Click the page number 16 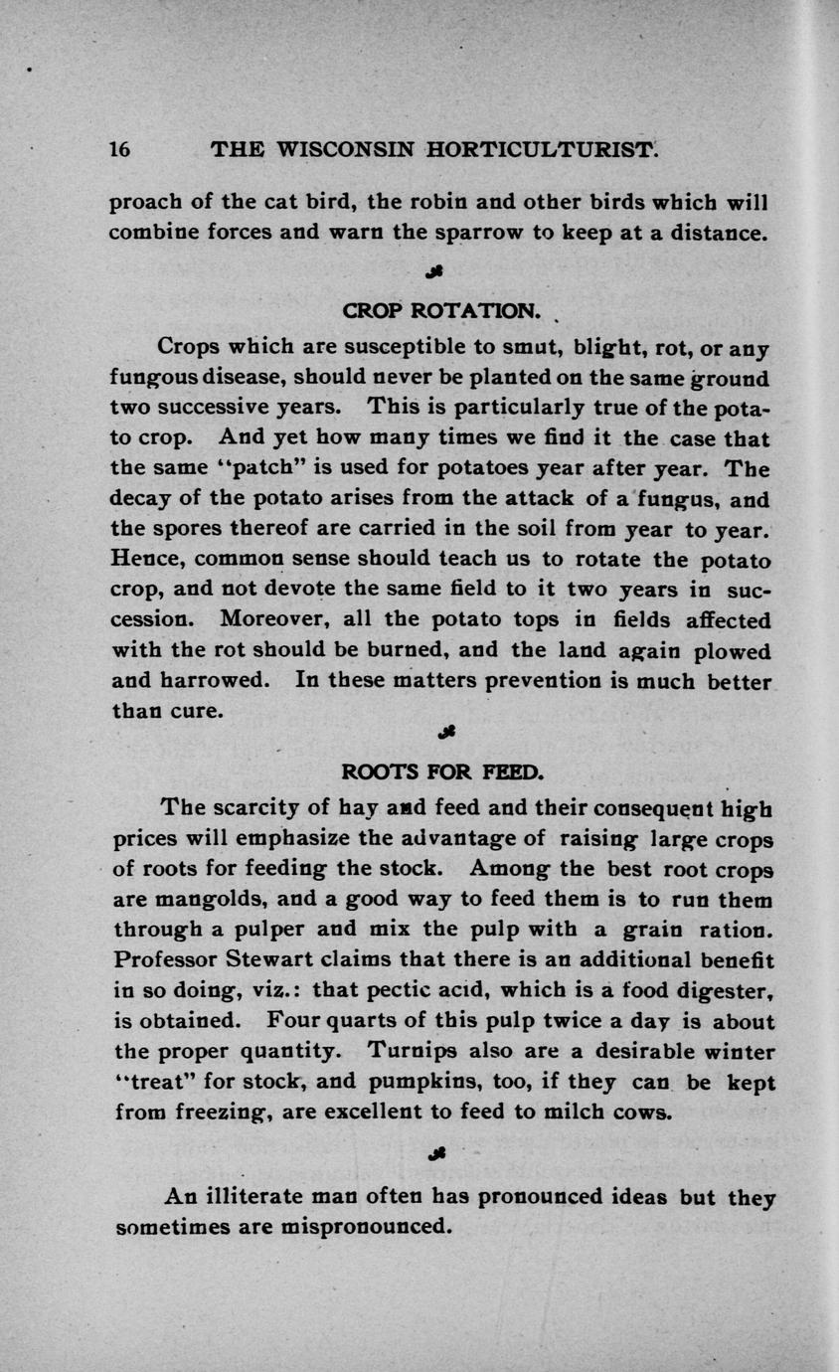click(119, 150)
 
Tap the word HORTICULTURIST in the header click(541, 150)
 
